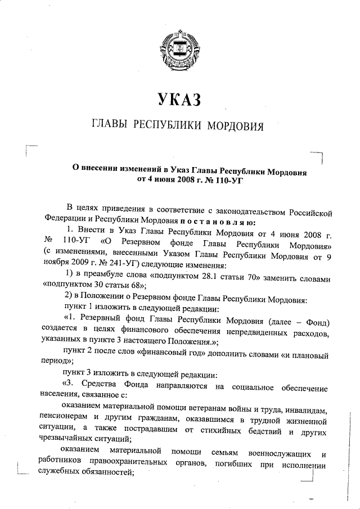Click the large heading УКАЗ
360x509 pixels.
tap(179, 101)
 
